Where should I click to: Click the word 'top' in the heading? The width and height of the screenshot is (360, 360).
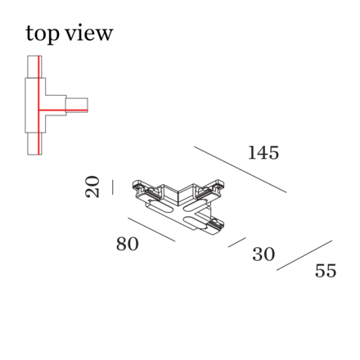click(43, 34)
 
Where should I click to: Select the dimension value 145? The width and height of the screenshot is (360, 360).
click(263, 152)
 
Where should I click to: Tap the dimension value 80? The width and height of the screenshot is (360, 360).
click(128, 244)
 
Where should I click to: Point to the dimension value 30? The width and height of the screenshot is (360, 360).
click(263, 254)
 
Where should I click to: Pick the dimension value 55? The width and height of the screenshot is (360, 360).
click(326, 271)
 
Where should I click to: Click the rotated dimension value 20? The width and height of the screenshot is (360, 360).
click(92, 187)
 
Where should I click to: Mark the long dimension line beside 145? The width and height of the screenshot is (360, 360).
click(241, 169)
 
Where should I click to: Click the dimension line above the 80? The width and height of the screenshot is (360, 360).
click(151, 229)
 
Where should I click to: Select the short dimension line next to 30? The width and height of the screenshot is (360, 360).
click(237, 242)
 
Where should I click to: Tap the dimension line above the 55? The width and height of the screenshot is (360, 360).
click(304, 255)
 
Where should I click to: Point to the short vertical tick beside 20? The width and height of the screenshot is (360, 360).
click(113, 187)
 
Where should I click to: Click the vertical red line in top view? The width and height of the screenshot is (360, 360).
click(39, 106)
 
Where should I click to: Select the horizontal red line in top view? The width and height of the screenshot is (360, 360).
click(63, 110)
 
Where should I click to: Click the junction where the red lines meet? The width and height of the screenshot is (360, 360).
click(39, 110)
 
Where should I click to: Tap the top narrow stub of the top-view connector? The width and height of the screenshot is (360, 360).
click(34, 67)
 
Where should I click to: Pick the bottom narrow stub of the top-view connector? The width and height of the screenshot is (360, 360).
click(34, 144)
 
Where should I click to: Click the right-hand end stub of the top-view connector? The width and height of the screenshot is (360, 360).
click(77, 105)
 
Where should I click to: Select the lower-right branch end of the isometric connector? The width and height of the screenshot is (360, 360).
click(216, 226)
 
